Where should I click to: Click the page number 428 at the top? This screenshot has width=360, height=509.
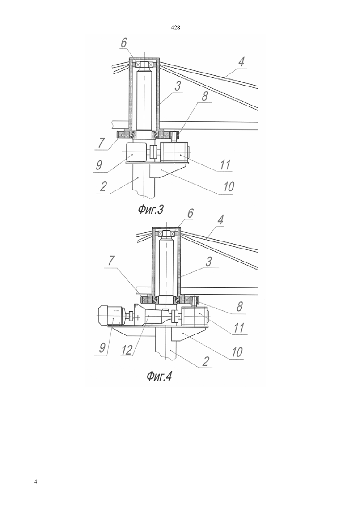175,28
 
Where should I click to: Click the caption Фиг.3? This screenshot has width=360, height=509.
151,209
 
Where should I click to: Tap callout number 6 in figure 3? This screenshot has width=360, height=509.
124,43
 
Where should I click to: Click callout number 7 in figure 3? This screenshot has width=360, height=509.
101,143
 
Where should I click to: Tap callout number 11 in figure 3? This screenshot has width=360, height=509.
225,165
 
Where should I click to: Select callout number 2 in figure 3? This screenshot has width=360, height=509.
103,186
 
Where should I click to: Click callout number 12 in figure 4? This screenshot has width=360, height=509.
126,350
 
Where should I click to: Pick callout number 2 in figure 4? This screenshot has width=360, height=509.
206,361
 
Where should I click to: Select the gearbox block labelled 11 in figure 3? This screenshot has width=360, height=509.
174,151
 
